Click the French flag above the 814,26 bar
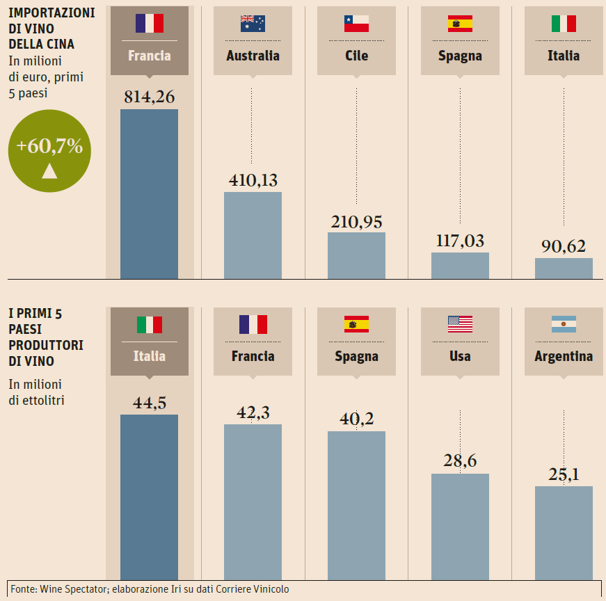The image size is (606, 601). (150, 24)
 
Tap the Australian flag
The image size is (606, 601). (253, 24)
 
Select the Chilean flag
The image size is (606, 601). (356, 24)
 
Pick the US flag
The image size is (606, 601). (460, 323)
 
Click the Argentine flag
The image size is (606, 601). (564, 323)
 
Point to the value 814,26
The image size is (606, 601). (149, 97)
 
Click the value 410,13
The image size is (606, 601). (253, 180)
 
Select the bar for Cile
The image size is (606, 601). (356, 255)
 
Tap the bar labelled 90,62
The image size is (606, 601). (564, 269)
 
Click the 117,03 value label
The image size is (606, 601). (460, 241)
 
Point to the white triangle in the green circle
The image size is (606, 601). (49, 170)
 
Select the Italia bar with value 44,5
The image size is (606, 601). (149, 497)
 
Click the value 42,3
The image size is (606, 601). (253, 412)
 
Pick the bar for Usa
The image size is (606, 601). (460, 526)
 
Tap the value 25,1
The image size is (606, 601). (564, 474)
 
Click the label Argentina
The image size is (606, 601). (564, 356)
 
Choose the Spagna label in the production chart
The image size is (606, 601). (356, 356)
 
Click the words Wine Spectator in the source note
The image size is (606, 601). (70, 589)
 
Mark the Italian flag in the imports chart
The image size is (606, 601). (564, 24)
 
